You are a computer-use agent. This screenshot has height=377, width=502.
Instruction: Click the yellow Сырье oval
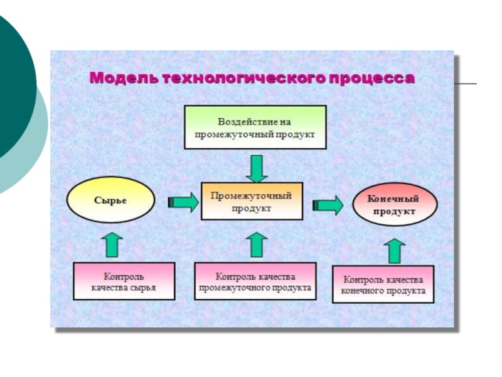[x=110, y=200]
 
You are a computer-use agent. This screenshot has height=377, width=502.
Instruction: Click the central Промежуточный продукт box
[x=251, y=201]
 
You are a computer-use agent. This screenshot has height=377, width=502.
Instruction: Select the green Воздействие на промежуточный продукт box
[x=255, y=127]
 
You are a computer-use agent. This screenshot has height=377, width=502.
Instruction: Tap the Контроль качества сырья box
[x=124, y=281]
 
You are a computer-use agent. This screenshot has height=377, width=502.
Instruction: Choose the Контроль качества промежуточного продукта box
[x=255, y=281]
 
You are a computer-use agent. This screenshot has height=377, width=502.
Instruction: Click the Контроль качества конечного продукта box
[x=383, y=285]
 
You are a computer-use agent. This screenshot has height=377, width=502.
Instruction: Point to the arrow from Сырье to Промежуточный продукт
[x=183, y=202]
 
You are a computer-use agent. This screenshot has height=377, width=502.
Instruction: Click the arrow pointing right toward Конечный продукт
[x=328, y=205]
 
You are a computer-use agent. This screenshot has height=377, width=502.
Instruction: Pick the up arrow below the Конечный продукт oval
[x=395, y=250]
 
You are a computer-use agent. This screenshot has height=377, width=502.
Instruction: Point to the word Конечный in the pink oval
[x=394, y=199]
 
